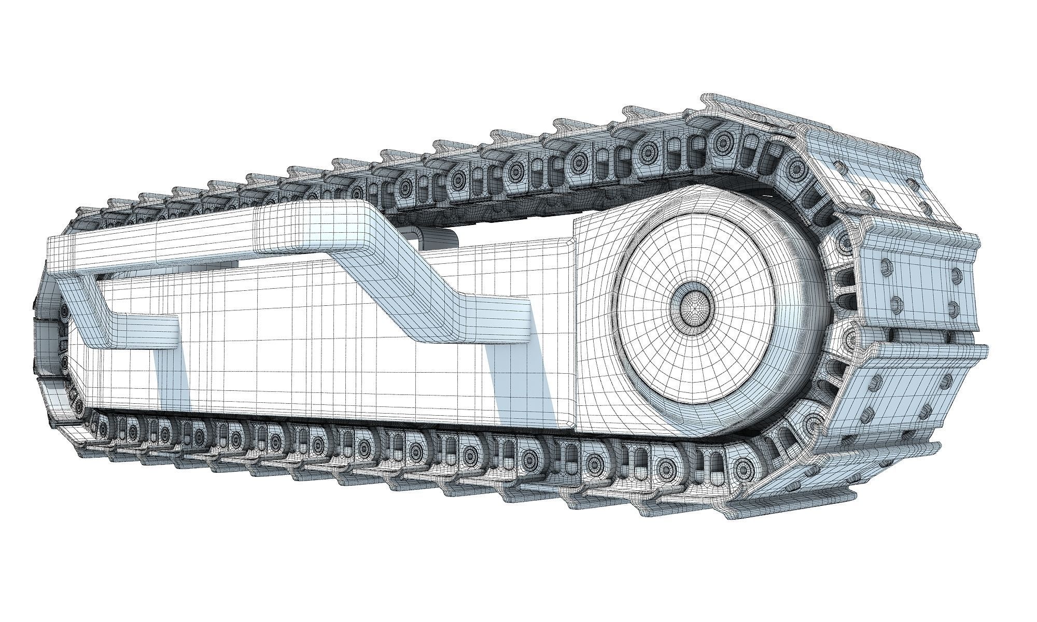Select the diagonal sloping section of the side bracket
click(410, 275)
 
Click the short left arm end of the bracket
click(150, 332)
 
